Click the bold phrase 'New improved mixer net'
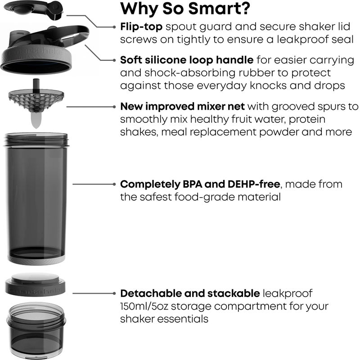(182, 107)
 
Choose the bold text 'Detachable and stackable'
(189, 294)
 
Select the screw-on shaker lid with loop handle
(38, 52)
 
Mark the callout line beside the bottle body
(94, 184)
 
